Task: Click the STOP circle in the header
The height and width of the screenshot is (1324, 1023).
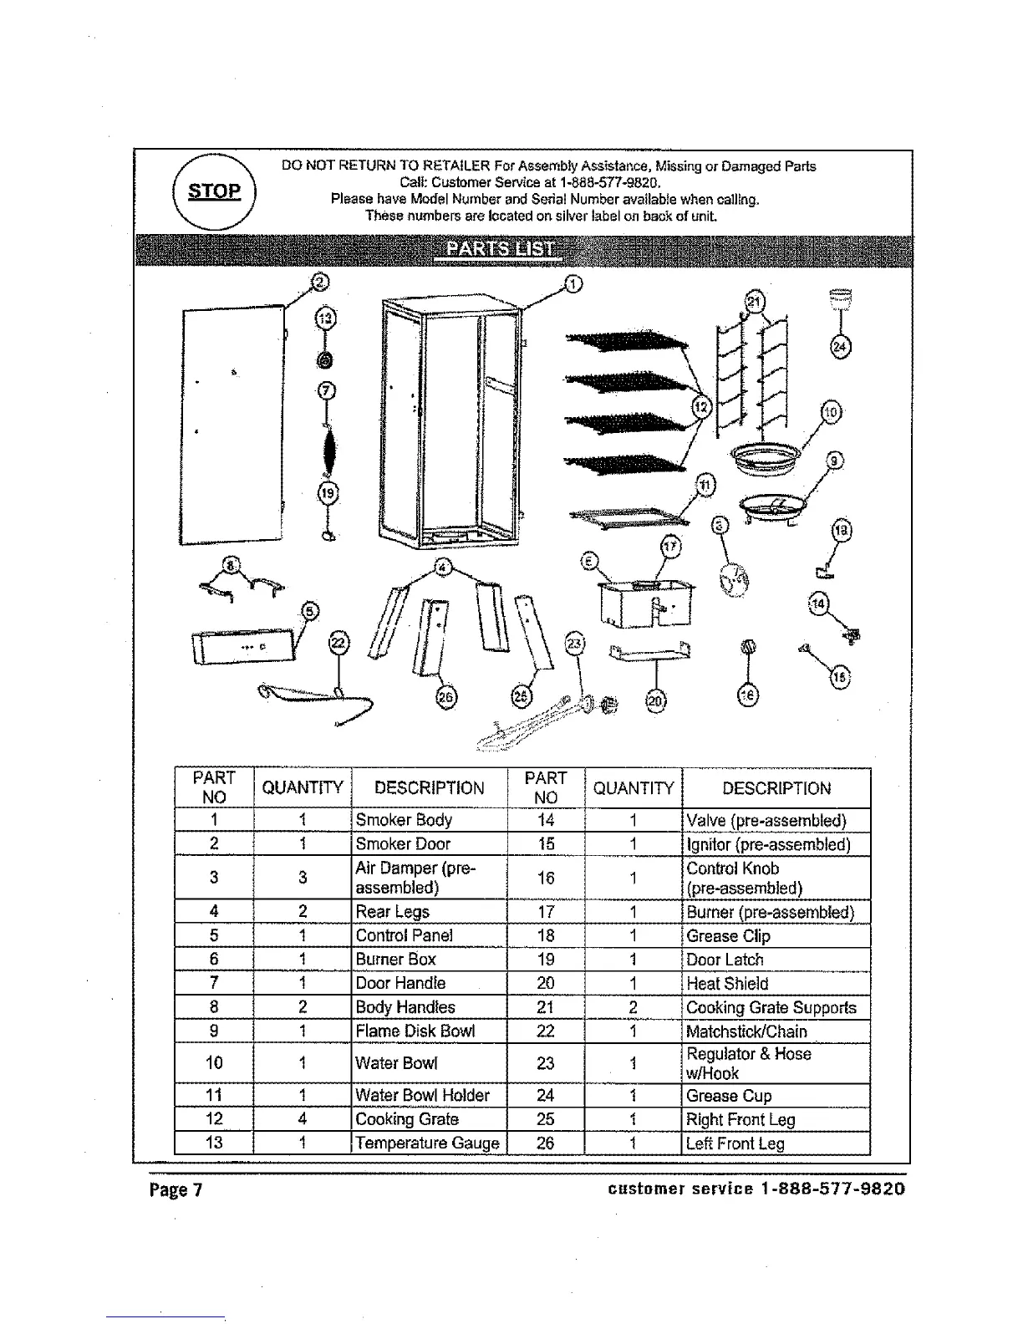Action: coord(214,191)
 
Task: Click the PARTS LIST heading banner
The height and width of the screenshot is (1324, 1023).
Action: coord(500,249)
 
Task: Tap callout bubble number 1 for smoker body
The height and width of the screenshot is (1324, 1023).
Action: coord(573,285)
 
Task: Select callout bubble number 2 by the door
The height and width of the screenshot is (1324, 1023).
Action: coord(318,282)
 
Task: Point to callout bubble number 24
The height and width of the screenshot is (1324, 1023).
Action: coord(840,346)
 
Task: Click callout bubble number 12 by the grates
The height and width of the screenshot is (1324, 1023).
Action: coord(702,407)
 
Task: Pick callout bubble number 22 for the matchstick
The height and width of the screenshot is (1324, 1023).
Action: coord(338,643)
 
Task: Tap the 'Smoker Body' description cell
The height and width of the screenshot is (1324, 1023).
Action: coord(429,820)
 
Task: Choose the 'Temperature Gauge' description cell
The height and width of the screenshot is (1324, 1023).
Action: coord(429,1143)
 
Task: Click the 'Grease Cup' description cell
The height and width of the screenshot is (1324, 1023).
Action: coord(775,1096)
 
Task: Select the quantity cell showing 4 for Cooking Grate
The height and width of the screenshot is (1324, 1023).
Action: coord(302,1119)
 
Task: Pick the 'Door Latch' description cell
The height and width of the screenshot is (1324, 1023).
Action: coord(775,960)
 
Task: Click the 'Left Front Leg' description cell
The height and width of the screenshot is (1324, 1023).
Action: coord(775,1143)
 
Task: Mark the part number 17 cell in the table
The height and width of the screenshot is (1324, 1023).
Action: coord(545,912)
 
